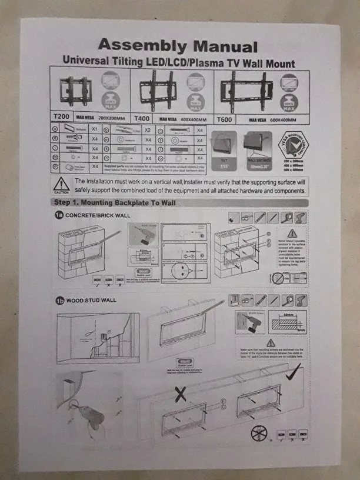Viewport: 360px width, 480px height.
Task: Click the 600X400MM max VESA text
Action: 276,120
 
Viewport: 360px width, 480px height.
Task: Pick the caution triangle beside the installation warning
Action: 62,184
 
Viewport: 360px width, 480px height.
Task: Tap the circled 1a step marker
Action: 59,215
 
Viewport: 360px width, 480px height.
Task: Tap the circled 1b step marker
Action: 59,301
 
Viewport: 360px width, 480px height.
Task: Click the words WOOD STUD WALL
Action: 91,301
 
